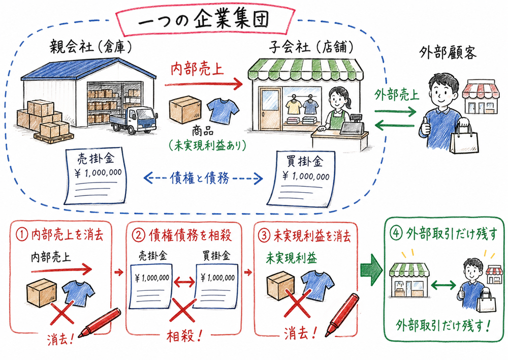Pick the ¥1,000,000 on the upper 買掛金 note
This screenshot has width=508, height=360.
305,176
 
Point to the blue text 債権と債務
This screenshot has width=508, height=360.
203,177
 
